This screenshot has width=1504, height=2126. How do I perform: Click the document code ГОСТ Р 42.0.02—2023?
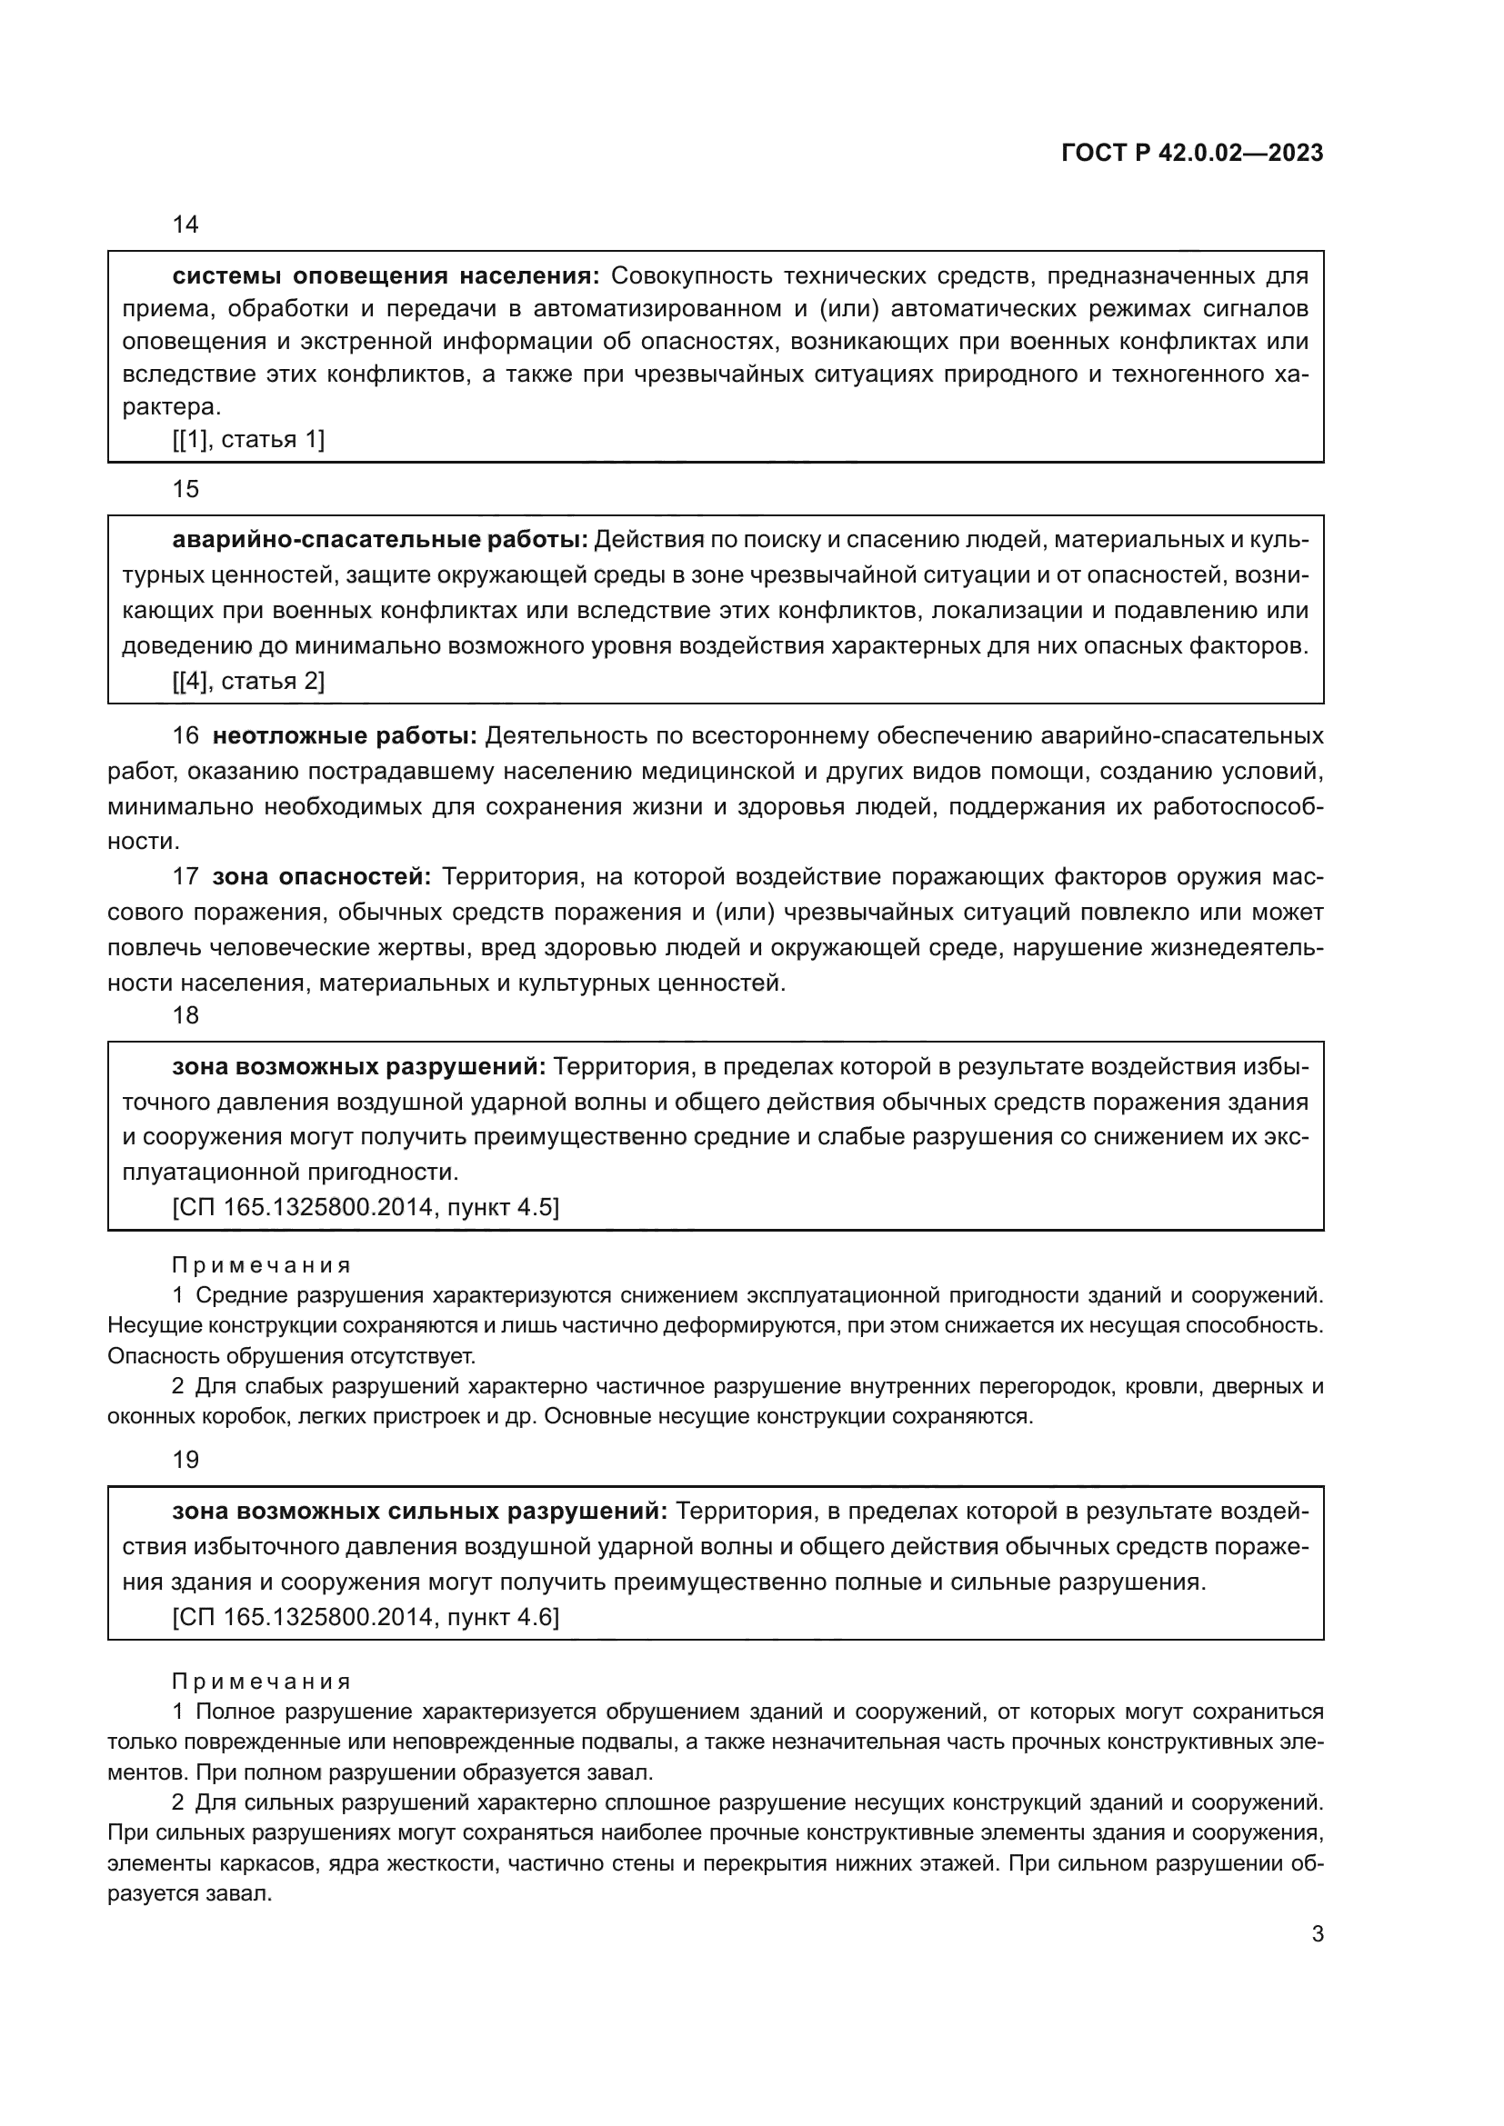coord(1192,153)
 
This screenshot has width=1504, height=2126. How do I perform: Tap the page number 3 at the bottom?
coord(1317,1934)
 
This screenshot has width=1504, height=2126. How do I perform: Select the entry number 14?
coord(185,225)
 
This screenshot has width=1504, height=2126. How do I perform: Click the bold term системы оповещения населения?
coord(386,276)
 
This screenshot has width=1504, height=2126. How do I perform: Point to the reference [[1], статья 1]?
coord(248,440)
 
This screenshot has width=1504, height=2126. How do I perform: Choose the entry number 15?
coord(185,489)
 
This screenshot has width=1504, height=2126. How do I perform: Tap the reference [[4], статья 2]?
coord(248,682)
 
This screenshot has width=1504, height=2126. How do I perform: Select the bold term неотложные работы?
coord(345,736)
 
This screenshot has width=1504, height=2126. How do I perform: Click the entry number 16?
coord(185,736)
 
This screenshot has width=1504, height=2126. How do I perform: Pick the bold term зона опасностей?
coord(321,877)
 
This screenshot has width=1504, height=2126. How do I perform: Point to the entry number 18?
coord(185,1016)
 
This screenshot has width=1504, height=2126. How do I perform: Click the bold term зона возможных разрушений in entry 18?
coord(359,1067)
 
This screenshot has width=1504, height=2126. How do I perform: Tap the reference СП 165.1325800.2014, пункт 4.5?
coord(366,1207)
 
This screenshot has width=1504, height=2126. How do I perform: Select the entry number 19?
coord(185,1461)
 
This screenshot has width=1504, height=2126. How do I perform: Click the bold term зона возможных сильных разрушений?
coord(419,1512)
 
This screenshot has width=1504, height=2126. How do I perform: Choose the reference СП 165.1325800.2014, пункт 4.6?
coord(366,1617)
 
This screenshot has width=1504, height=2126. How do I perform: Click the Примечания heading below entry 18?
coord(261,1265)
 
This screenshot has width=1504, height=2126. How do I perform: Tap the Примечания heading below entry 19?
coord(261,1682)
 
